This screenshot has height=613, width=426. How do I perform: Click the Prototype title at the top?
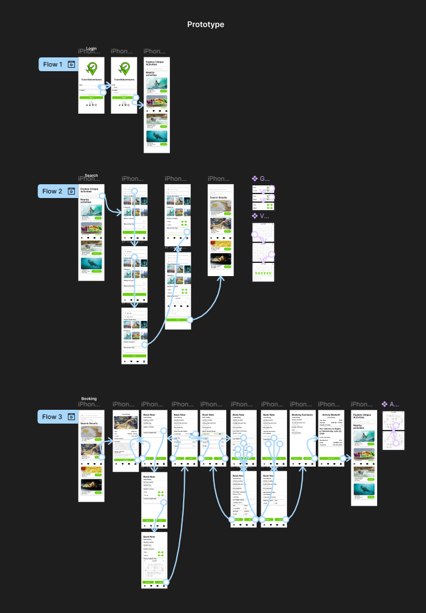coord(206,25)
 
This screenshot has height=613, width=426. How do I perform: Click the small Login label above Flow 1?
coord(91,49)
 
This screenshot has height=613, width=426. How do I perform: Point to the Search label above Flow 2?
coord(91,176)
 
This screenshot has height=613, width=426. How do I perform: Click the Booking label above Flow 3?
coord(89,398)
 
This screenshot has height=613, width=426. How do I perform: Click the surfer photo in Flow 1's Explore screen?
coord(156,84)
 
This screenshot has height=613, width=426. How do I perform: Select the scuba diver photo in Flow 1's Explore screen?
coord(156,136)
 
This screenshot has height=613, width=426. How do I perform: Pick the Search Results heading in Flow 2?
coord(218,197)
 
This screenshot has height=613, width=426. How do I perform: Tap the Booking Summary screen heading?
coord(302,414)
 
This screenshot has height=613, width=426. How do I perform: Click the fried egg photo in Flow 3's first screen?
coord(91,468)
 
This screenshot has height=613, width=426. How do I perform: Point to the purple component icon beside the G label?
coord(255,179)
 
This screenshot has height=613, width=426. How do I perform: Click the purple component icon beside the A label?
coord(385,404)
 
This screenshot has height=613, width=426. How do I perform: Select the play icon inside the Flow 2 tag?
coord(71,191)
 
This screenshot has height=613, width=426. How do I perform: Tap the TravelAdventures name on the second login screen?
coord(123,80)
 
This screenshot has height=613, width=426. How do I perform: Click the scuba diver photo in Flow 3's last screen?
coord(364,488)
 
